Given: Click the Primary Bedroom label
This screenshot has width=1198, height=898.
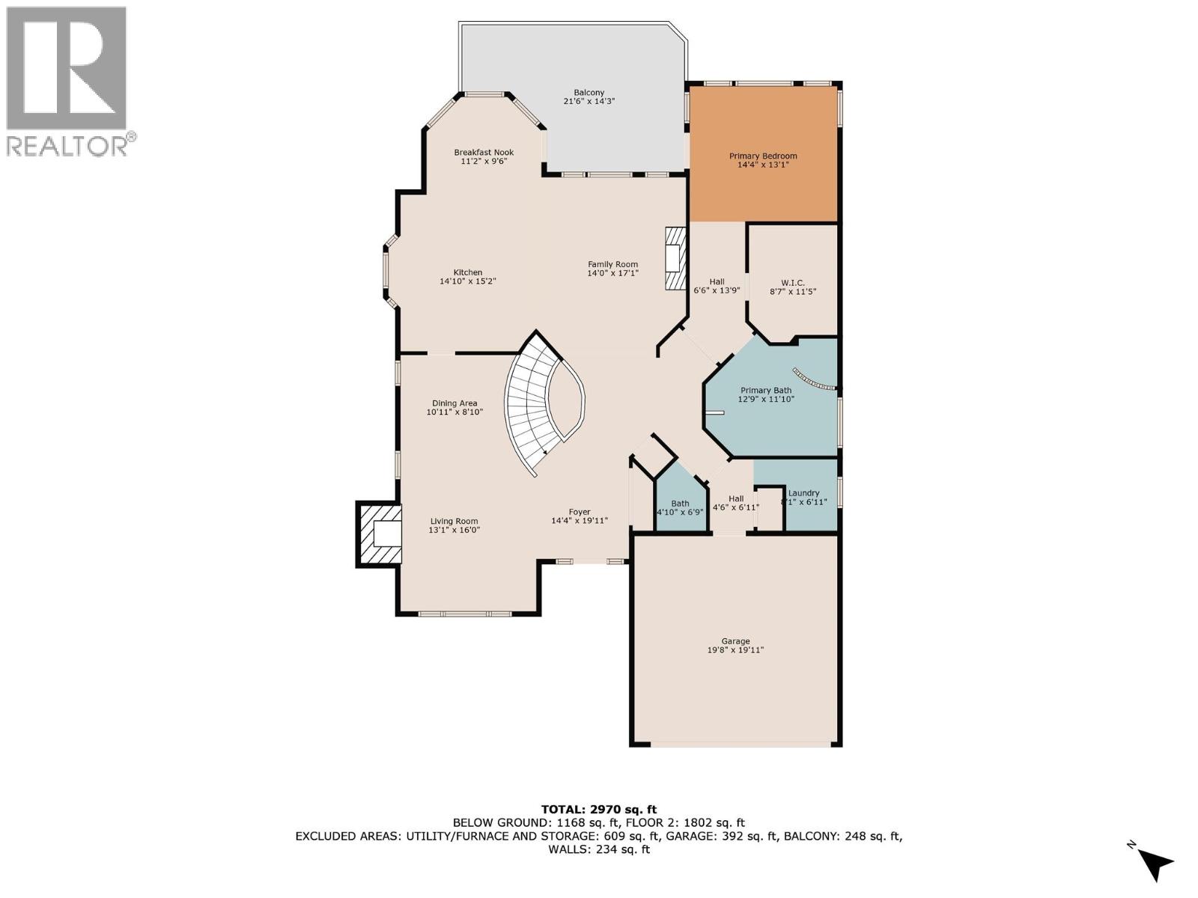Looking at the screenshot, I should (763, 156).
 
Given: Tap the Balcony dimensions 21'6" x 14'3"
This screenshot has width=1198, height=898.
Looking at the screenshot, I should (589, 101).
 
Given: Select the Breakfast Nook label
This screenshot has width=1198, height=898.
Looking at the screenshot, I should (484, 152).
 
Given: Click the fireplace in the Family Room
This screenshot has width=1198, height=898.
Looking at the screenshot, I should (675, 258).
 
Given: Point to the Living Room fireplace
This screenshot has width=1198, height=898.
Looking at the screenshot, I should (380, 535).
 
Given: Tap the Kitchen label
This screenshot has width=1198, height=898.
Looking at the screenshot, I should (467, 272).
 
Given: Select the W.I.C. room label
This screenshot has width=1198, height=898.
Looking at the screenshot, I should (792, 283).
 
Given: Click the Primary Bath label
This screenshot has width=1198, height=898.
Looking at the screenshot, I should (765, 390).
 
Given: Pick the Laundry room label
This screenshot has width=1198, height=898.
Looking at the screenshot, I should (803, 493).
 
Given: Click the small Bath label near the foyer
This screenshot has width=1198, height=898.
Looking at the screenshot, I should (680, 504).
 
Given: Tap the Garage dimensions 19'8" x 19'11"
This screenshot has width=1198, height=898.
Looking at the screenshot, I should (735, 650).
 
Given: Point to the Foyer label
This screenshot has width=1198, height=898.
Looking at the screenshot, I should (580, 512).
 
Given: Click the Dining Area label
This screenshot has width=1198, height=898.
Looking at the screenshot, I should (454, 403).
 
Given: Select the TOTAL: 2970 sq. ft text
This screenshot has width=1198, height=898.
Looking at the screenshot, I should (598, 809).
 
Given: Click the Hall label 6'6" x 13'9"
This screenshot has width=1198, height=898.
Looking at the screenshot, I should (717, 281).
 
